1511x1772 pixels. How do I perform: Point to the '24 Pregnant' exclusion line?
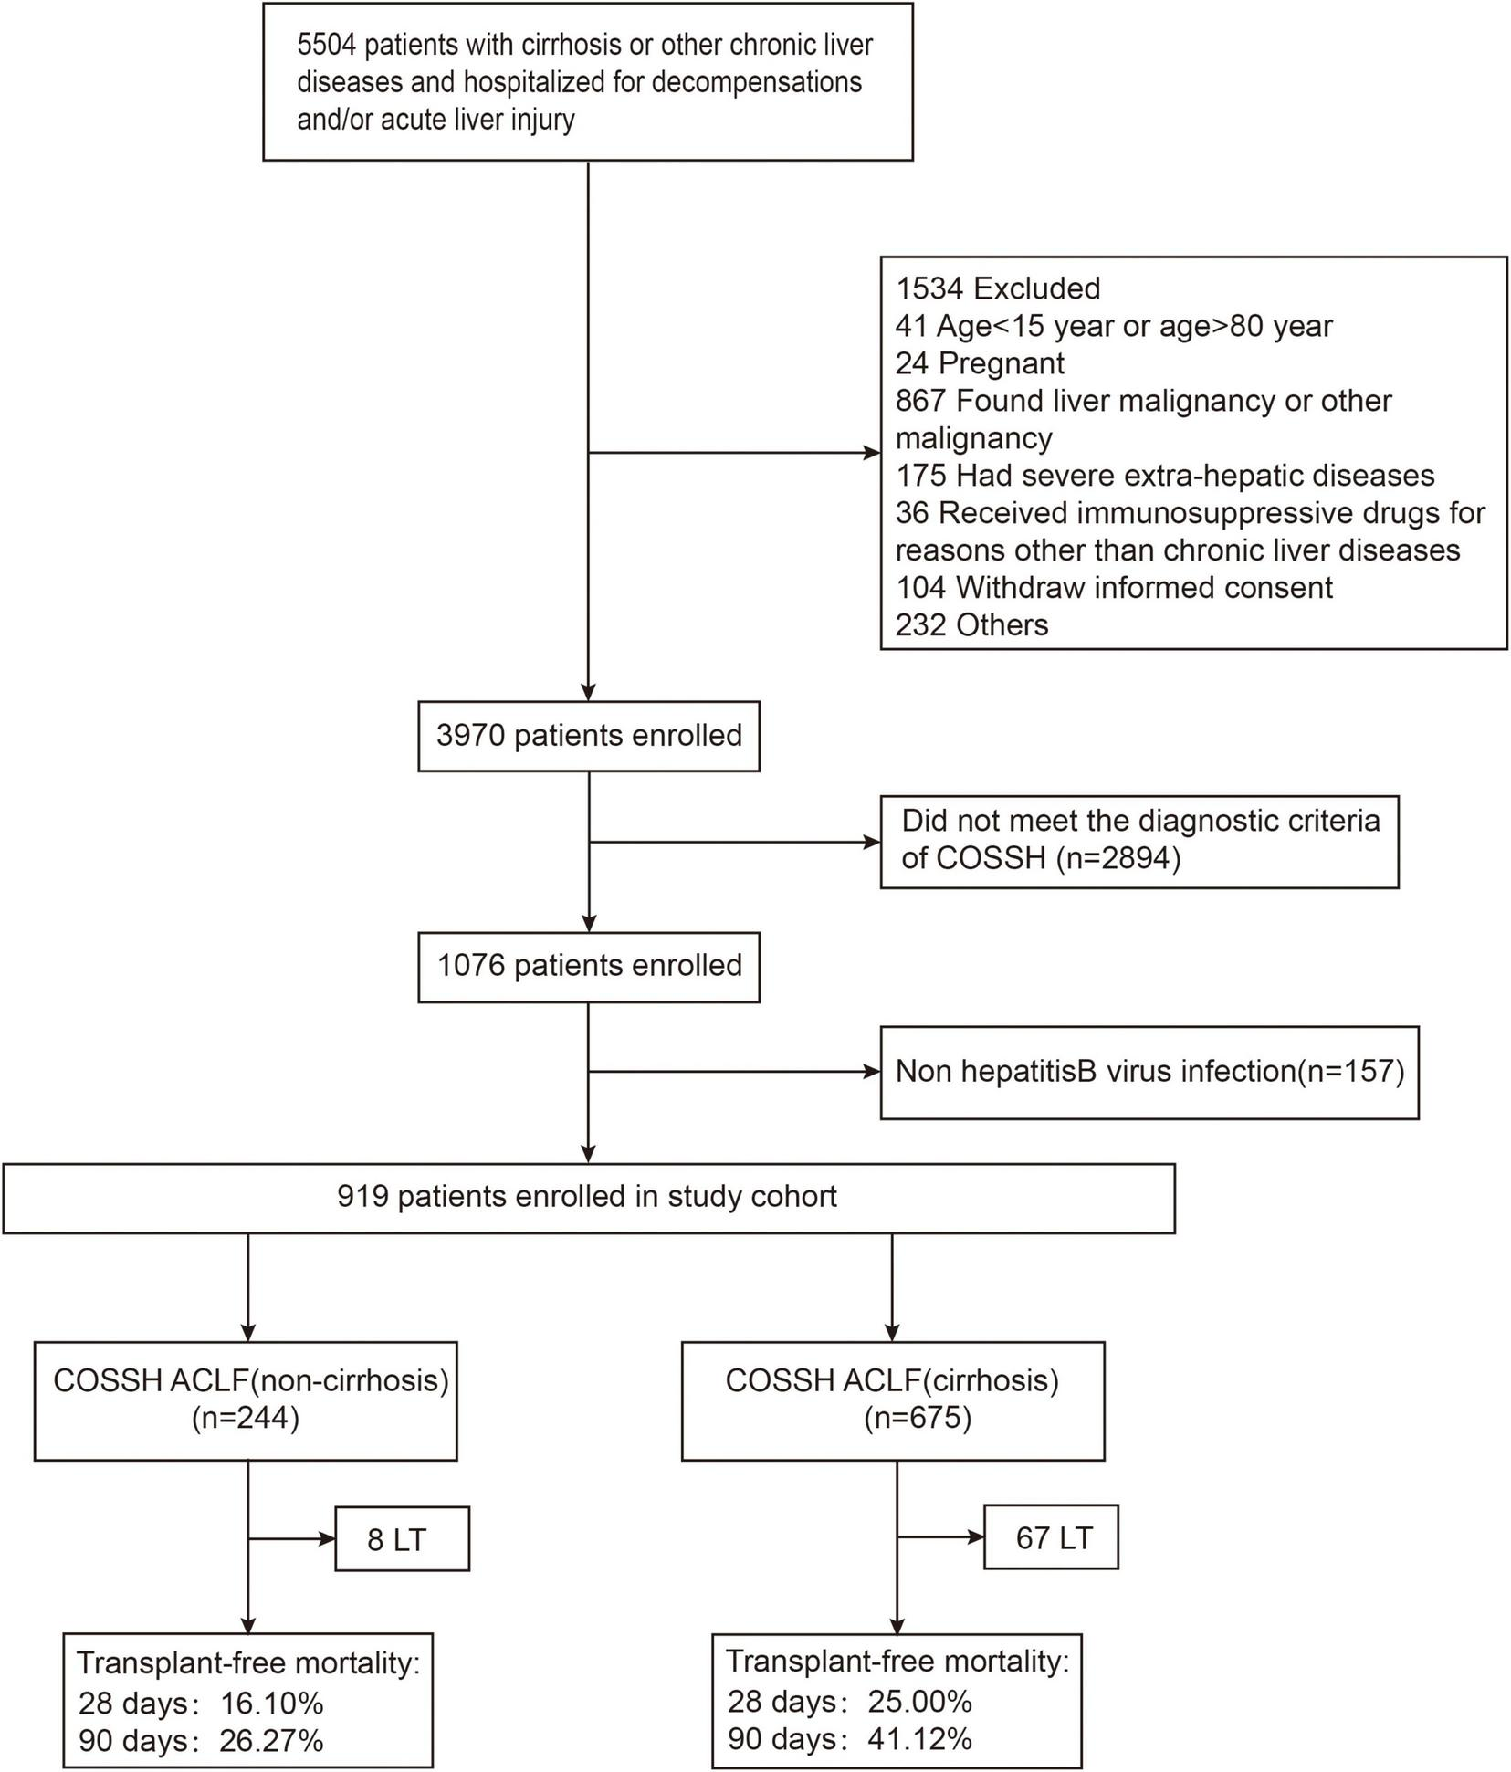click(979, 363)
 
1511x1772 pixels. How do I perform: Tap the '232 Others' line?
click(971, 624)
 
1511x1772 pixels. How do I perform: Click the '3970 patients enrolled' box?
click(589, 736)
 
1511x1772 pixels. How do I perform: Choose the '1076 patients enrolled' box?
click(589, 966)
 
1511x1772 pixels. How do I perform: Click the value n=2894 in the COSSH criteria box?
click(1118, 858)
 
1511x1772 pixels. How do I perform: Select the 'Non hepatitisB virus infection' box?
click(1149, 1071)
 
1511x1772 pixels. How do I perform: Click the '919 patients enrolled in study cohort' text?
click(587, 1196)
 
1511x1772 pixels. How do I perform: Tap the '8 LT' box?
click(401, 1540)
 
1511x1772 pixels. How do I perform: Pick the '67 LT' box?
click(1052, 1537)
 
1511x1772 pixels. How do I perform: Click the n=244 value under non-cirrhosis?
click(246, 1419)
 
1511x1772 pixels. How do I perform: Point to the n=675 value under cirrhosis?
click(918, 1418)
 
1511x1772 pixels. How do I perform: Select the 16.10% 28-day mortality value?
click(272, 1703)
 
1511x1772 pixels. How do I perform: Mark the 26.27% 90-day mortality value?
click(272, 1740)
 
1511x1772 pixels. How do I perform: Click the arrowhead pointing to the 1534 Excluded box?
click(872, 452)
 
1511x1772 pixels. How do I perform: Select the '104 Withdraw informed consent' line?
click(1113, 587)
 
